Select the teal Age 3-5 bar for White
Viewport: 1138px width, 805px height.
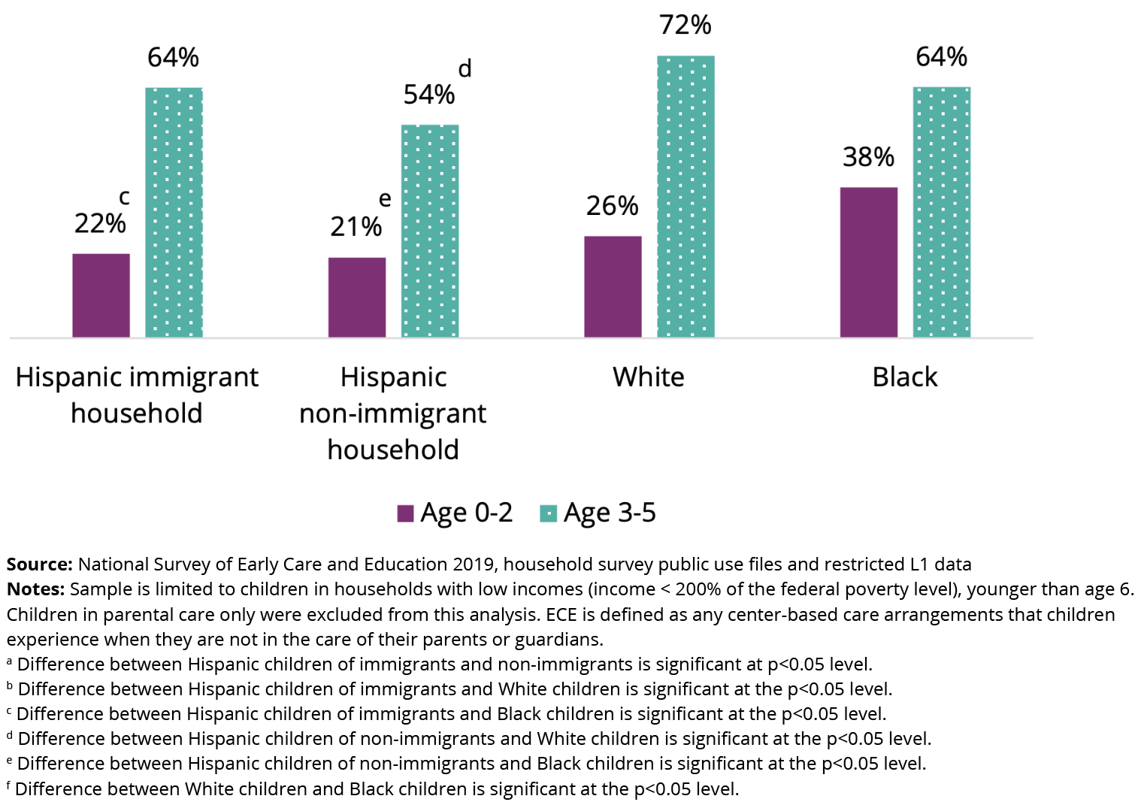[x=686, y=196]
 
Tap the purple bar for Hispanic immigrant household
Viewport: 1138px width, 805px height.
[x=101, y=295]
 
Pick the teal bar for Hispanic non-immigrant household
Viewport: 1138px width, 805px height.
[x=430, y=231]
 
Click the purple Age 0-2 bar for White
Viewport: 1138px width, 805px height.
[x=613, y=286]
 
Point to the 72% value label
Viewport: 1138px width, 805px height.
[x=685, y=25]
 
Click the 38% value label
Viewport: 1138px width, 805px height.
[x=868, y=157]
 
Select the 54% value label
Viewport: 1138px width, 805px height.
[x=428, y=95]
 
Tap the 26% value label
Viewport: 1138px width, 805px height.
[x=612, y=206]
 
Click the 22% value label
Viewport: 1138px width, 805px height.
[x=100, y=223]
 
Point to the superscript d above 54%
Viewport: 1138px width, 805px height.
[x=465, y=68]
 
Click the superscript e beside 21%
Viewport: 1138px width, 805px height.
[x=385, y=199]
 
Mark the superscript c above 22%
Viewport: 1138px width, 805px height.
[x=124, y=197]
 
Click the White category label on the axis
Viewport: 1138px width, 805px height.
[x=648, y=377]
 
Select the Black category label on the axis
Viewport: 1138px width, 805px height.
[x=904, y=377]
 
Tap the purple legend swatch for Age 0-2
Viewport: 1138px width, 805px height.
[x=405, y=513]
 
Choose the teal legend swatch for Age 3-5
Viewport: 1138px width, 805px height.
[x=548, y=513]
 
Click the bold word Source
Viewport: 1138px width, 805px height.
[x=39, y=564]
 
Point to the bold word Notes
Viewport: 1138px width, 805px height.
[x=35, y=589]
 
